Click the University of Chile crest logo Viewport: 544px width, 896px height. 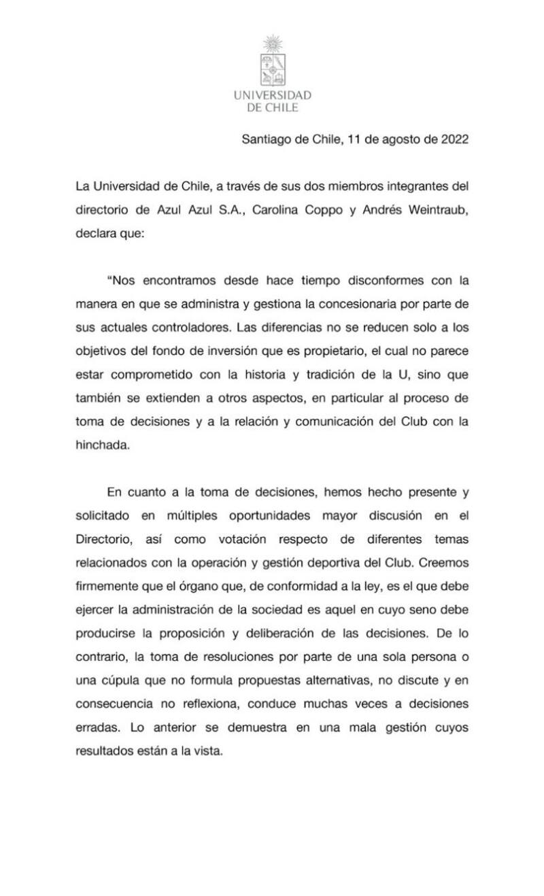click(x=272, y=60)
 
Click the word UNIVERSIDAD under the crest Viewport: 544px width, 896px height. click(x=272, y=95)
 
